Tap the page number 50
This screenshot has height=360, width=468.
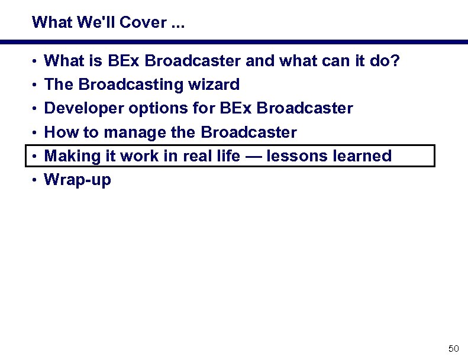[x=454, y=349]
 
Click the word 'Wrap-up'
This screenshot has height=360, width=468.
[x=78, y=180]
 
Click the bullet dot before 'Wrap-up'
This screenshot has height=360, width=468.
[x=36, y=180]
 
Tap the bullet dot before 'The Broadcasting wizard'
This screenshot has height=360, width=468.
[x=36, y=85]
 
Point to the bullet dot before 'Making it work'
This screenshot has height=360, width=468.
[x=36, y=157]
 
